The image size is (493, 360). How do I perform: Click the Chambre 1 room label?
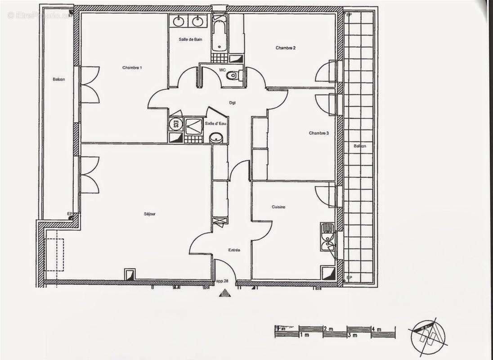[132, 68]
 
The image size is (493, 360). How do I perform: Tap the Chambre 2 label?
[286, 48]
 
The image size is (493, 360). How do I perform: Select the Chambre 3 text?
[318, 133]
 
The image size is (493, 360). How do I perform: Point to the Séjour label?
[150, 214]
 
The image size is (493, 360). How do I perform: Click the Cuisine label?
[278, 207]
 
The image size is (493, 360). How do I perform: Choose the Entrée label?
[234, 250]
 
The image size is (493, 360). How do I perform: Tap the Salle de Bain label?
[190, 40]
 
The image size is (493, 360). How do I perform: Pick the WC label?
[222, 70]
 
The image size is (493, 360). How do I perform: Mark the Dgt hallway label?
[233, 103]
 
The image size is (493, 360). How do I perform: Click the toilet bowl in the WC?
[232, 76]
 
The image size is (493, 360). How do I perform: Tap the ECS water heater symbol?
[175, 124]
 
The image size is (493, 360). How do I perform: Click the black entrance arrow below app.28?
[224, 293]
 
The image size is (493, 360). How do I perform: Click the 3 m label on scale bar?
[352, 336]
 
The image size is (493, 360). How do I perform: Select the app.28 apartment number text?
[222, 281]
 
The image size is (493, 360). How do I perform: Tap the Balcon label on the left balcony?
[58, 80]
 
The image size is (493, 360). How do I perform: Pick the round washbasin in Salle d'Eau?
[216, 137]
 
